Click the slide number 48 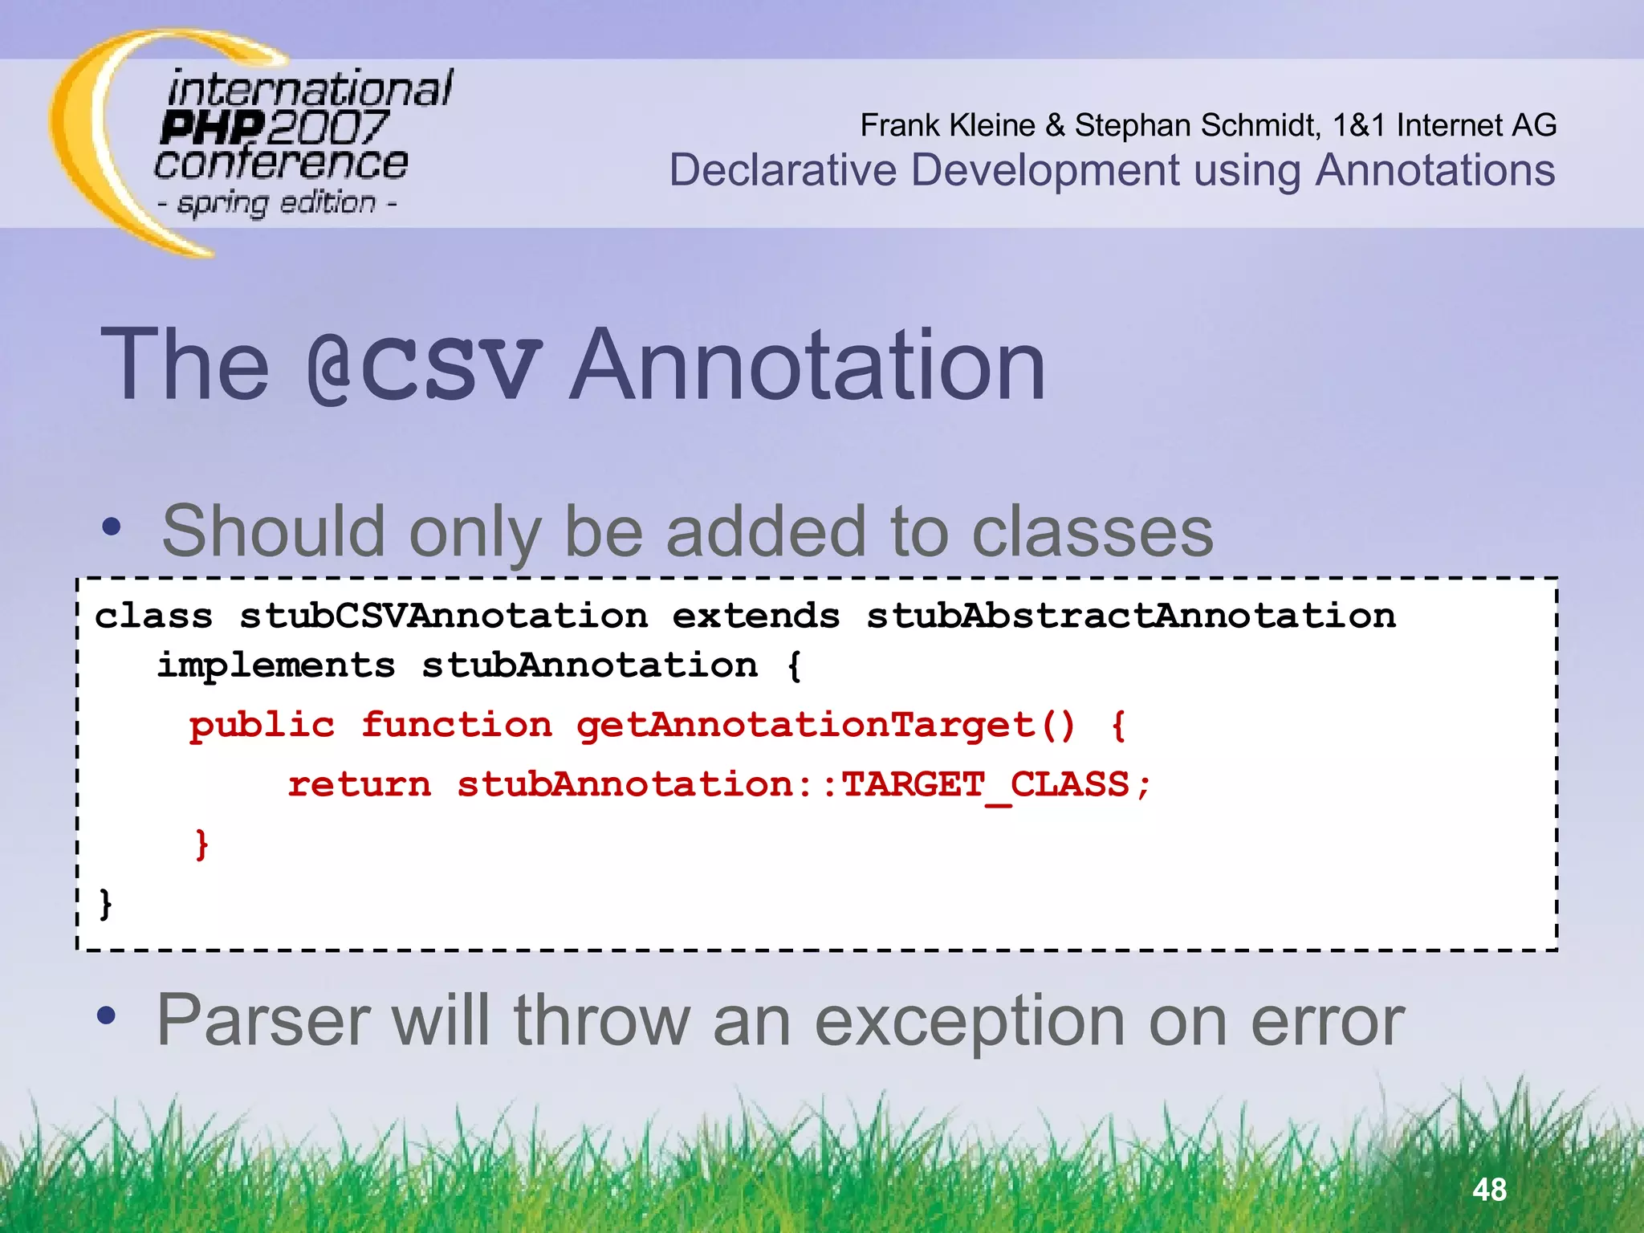tap(1489, 1189)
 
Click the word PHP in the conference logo tap(211, 127)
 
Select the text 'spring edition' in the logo tap(277, 202)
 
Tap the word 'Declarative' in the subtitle tap(783, 170)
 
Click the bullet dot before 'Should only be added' tap(112, 527)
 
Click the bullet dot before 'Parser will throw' tap(106, 1016)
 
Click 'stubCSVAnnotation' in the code tap(443, 616)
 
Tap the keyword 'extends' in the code tap(756, 616)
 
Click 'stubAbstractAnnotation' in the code tap(1131, 616)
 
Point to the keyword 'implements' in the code tap(276, 665)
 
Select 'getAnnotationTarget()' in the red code tap(825, 725)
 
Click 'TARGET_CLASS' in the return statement tap(985, 784)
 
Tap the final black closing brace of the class tap(105, 903)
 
